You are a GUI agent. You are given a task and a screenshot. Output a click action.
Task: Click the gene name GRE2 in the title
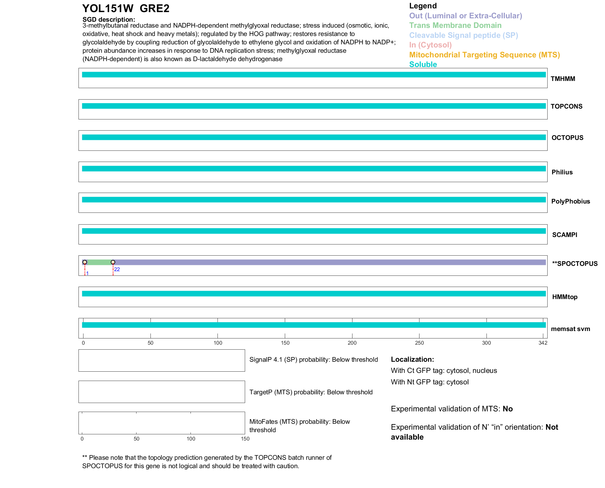pyautogui.click(x=155, y=9)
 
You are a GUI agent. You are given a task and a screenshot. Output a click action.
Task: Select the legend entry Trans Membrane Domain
pyautogui.click(x=455, y=25)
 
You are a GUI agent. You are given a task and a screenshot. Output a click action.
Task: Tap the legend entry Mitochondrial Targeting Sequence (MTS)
pyautogui.click(x=484, y=55)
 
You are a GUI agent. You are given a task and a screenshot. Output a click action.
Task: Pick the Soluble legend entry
pyautogui.click(x=423, y=65)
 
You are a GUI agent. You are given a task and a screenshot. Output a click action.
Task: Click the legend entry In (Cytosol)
pyautogui.click(x=430, y=45)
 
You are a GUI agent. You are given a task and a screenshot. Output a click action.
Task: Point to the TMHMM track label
pyautogui.click(x=563, y=79)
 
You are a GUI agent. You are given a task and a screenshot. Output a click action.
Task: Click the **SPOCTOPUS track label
pyautogui.click(x=575, y=264)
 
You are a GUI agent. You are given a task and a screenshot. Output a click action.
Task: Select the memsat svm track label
pyautogui.click(x=570, y=329)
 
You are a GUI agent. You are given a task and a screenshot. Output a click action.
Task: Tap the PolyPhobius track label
pyautogui.click(x=571, y=201)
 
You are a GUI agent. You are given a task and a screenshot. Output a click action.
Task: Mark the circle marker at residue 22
pyautogui.click(x=113, y=262)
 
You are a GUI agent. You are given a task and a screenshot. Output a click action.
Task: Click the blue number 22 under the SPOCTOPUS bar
pyautogui.click(x=117, y=269)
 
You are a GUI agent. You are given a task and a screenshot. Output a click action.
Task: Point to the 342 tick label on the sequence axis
pyautogui.click(x=543, y=343)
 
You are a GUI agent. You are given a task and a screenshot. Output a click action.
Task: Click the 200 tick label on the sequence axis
pyautogui.click(x=352, y=343)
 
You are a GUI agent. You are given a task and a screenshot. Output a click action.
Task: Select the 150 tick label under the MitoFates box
pyautogui.click(x=245, y=439)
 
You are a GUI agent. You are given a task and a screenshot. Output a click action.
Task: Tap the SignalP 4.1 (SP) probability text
pyautogui.click(x=313, y=360)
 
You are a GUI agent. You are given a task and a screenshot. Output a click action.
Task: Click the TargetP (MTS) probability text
pyautogui.click(x=311, y=392)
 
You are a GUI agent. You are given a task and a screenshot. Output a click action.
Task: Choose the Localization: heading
pyautogui.click(x=412, y=359)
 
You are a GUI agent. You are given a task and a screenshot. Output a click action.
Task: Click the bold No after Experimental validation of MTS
pyautogui.click(x=508, y=409)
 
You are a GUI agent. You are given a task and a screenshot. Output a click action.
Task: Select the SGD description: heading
pyautogui.click(x=109, y=20)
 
